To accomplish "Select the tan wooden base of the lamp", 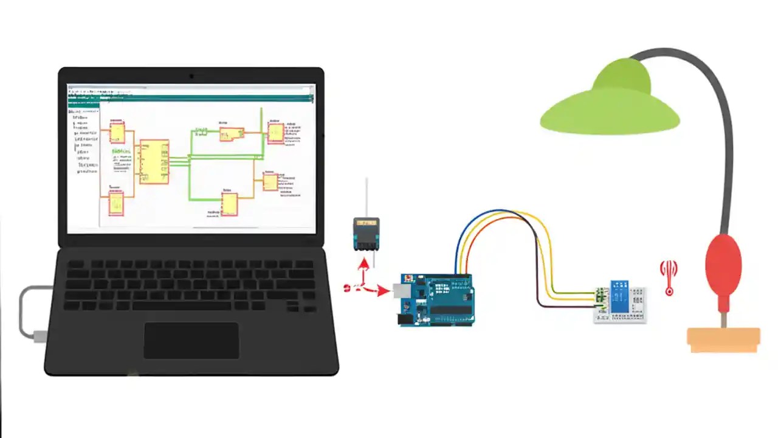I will click(x=723, y=339).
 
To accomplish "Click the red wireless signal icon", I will click(x=669, y=277).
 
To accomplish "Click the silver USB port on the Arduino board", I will click(x=401, y=290).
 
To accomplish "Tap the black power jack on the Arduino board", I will click(x=404, y=318).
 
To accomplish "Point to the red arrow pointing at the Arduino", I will click(x=382, y=291).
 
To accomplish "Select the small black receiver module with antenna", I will click(x=367, y=234).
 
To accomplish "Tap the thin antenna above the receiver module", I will click(x=367, y=198).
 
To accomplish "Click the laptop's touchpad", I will click(x=191, y=340).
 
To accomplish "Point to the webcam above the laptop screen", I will click(x=191, y=76).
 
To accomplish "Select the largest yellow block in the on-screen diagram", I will click(x=154, y=162).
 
